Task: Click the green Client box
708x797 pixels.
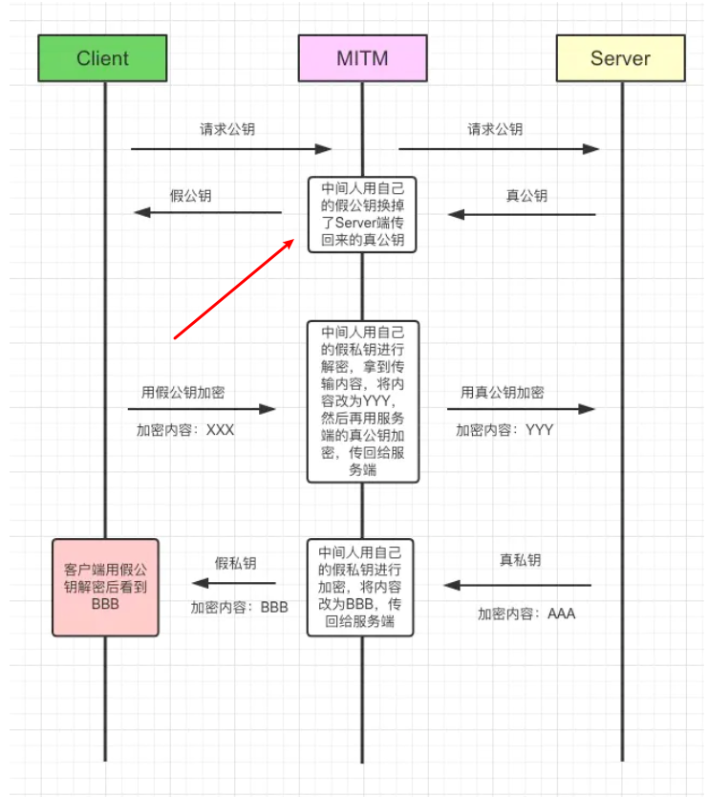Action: tap(102, 58)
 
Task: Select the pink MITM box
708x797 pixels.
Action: tap(362, 58)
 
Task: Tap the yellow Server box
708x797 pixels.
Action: tap(620, 58)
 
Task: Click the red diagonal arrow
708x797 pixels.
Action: tap(234, 289)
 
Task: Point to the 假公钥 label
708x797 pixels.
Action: tap(191, 196)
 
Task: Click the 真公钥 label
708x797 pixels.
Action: tap(526, 196)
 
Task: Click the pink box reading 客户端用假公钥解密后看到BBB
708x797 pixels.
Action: tap(104, 587)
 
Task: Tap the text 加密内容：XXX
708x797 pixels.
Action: tap(185, 430)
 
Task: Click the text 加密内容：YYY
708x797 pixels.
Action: tap(504, 430)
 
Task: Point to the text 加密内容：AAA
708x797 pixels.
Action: tap(526, 614)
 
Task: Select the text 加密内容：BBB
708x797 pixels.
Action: tap(239, 606)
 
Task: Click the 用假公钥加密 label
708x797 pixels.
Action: tap(183, 392)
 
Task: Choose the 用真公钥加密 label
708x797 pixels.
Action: tap(503, 392)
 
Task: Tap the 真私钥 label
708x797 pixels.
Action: tap(520, 560)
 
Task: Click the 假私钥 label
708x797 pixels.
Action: tap(235, 564)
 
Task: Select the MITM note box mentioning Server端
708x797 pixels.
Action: tap(362, 214)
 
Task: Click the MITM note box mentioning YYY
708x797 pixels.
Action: tap(362, 401)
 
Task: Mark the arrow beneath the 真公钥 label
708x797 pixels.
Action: tap(522, 214)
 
